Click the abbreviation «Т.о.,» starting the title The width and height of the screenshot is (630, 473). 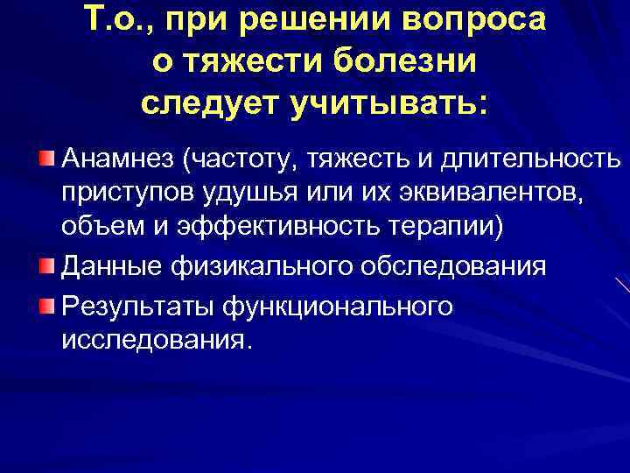pyautogui.click(x=125, y=21)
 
